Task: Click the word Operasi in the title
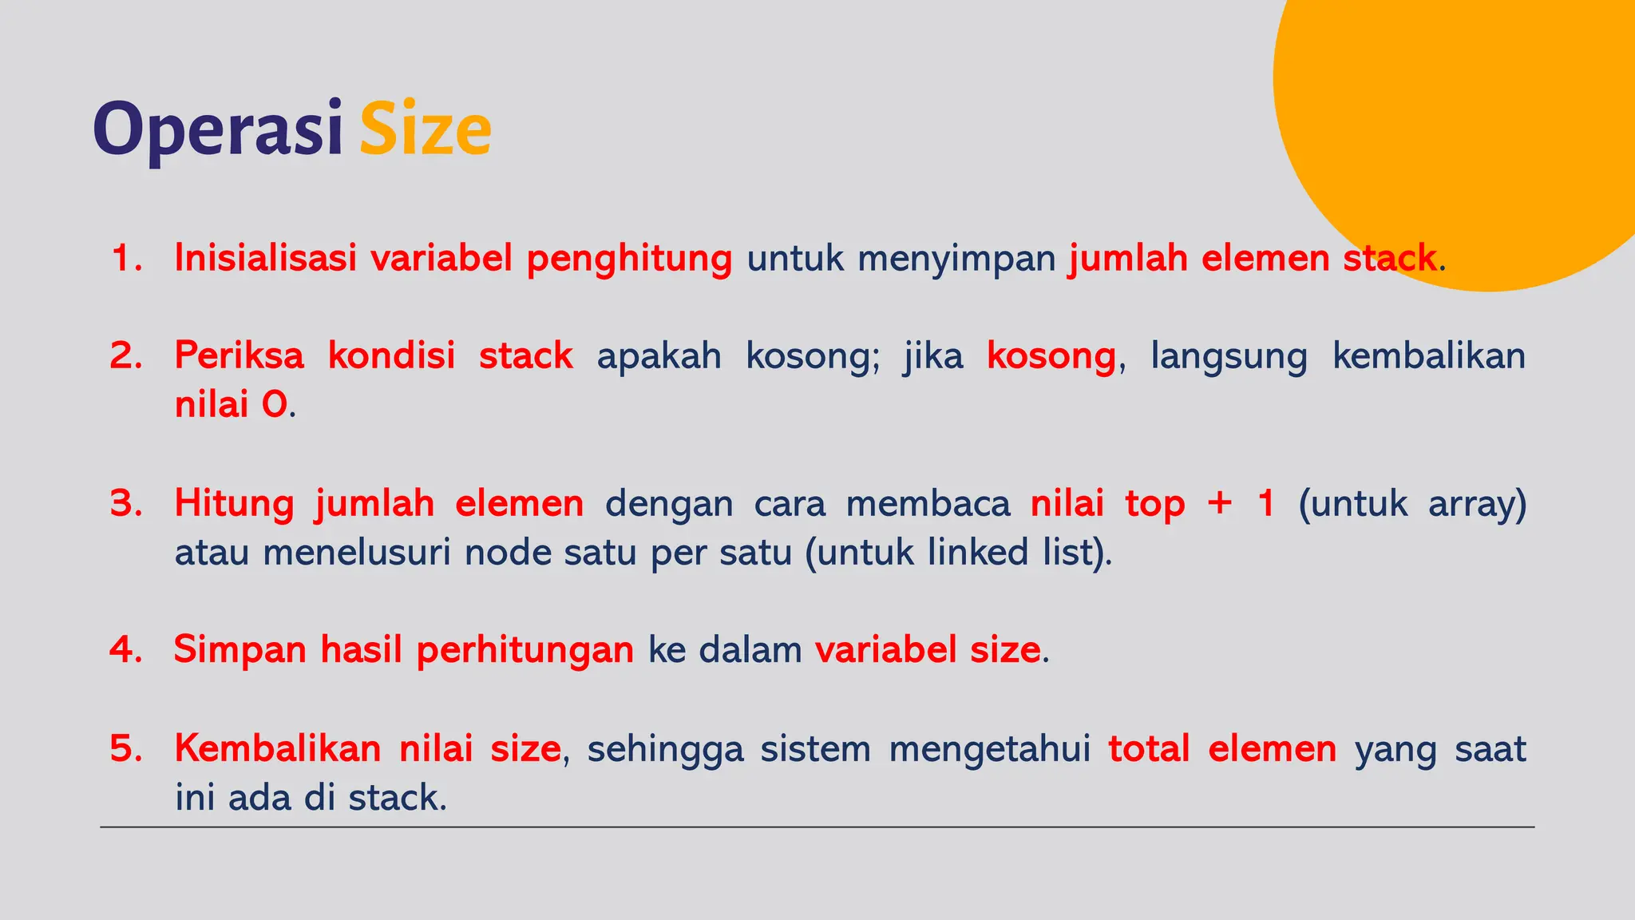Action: [217, 130]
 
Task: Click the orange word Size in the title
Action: [425, 130]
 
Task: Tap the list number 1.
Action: [125, 259]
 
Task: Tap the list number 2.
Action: [125, 356]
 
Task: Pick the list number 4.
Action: [125, 650]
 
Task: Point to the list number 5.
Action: [125, 749]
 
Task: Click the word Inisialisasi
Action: [265, 259]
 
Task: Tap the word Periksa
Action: [240, 356]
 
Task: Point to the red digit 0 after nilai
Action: [274, 406]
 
